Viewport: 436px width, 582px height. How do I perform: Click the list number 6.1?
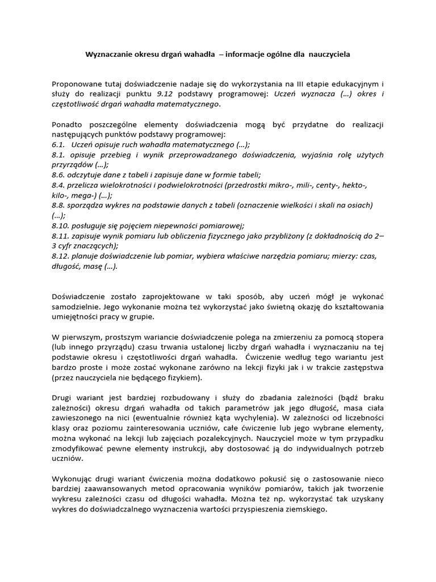(57, 144)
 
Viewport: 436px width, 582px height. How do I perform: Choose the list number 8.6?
(57, 175)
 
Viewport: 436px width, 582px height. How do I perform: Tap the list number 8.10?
(59, 226)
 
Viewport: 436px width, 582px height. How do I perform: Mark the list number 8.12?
(59, 256)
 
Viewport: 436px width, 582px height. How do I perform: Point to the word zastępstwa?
(363, 368)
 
